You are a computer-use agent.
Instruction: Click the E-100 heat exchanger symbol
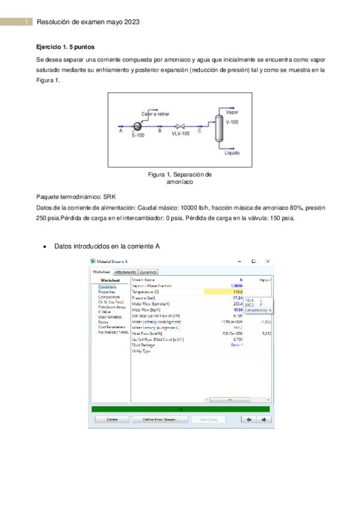(x=137, y=126)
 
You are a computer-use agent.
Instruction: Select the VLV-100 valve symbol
(x=179, y=126)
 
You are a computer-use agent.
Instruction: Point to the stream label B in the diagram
(x=160, y=130)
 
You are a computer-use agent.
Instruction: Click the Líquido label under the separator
(x=232, y=153)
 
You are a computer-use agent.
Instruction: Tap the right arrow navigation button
(x=263, y=420)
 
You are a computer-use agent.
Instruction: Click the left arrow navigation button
(x=248, y=420)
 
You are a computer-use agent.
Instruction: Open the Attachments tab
(x=125, y=272)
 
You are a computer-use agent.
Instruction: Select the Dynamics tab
(x=149, y=272)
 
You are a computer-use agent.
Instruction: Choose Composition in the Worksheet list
(x=109, y=297)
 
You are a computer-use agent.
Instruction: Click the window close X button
(x=268, y=261)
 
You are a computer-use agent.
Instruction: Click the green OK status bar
(x=181, y=409)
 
